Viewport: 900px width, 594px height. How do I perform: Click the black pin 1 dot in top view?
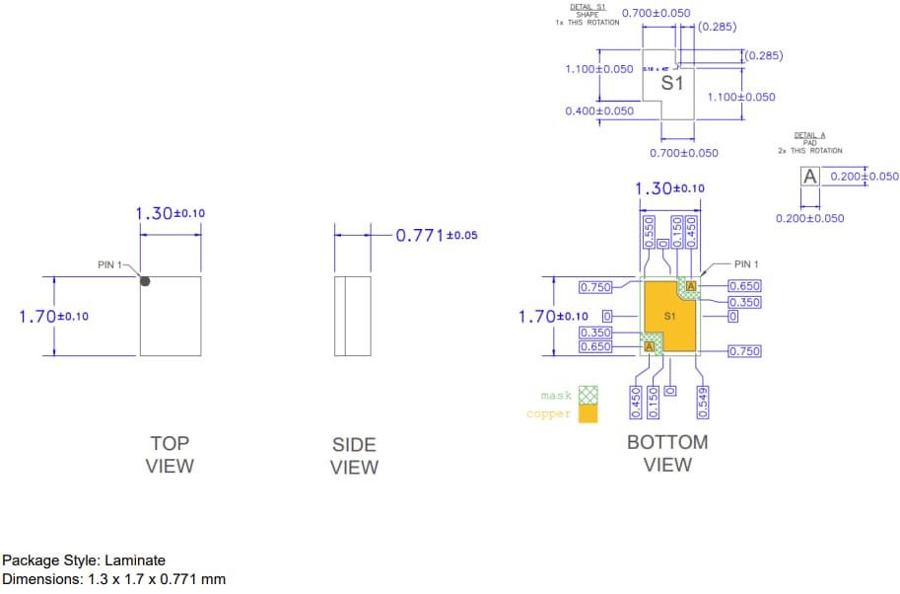click(145, 281)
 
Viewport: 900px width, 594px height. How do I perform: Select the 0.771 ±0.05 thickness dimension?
click(436, 236)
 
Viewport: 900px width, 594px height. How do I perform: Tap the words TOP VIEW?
click(170, 455)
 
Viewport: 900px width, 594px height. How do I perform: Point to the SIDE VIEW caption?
click(354, 456)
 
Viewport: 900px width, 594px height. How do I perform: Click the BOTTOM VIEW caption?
click(667, 453)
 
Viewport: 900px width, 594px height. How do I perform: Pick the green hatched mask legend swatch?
click(588, 395)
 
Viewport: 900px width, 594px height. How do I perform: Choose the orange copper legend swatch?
click(588, 414)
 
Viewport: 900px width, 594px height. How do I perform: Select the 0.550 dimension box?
click(649, 231)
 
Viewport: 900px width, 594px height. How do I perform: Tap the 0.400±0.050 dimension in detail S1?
click(599, 111)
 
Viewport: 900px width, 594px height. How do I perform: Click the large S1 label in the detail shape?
click(672, 84)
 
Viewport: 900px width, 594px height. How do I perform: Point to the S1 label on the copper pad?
click(669, 316)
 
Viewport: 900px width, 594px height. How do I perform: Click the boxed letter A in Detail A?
click(809, 177)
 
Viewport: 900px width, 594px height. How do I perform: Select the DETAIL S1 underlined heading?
click(588, 7)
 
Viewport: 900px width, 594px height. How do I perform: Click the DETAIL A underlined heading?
click(809, 135)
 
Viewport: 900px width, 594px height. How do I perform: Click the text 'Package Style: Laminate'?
click(84, 560)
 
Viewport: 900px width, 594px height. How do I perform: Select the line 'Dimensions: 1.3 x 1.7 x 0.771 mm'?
click(113, 579)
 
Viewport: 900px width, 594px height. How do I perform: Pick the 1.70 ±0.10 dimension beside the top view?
click(53, 316)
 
